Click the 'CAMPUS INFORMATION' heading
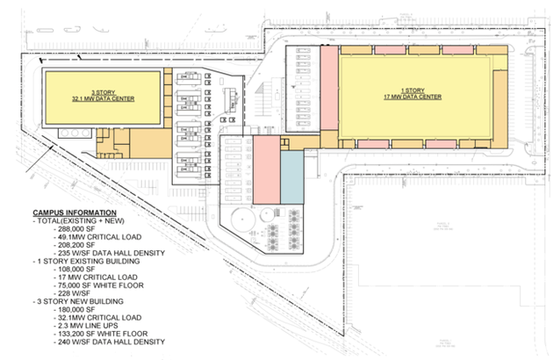(x=74, y=213)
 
